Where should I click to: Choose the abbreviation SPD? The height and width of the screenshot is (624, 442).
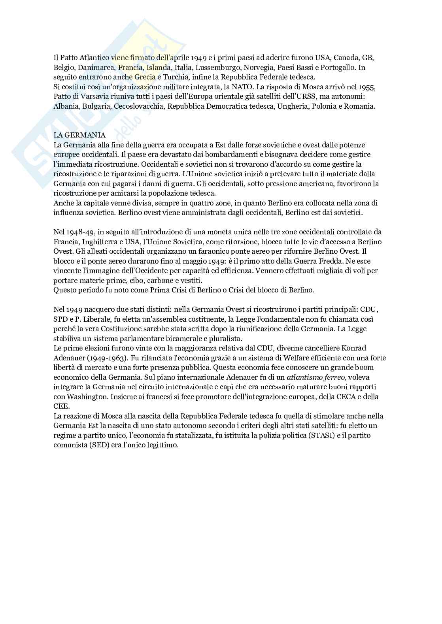(x=60, y=319)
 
